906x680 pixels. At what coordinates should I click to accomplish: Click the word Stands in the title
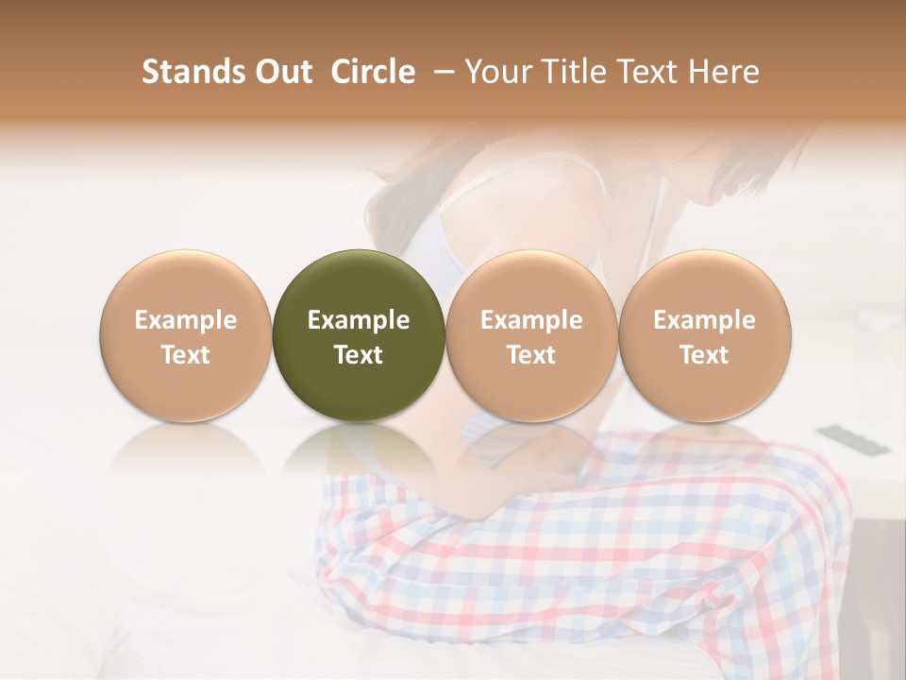(x=192, y=72)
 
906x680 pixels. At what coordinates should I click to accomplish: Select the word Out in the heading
(x=281, y=72)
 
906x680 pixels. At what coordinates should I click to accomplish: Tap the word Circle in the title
(x=373, y=72)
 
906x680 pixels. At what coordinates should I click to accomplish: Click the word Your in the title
(x=496, y=72)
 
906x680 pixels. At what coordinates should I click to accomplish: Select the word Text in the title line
(x=646, y=72)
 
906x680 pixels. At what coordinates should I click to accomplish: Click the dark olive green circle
(x=358, y=334)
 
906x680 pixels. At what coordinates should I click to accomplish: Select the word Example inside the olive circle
(x=358, y=320)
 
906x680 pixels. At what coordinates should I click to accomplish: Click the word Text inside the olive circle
(x=358, y=355)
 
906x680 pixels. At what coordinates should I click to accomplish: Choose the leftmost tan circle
(x=185, y=334)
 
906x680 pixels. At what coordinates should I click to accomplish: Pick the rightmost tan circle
(x=704, y=334)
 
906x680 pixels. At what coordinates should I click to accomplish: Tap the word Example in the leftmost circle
(x=185, y=320)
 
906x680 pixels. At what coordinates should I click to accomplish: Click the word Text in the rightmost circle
(x=704, y=355)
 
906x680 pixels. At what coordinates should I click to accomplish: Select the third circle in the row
(x=531, y=334)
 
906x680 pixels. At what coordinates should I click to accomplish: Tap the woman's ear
(x=730, y=188)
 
